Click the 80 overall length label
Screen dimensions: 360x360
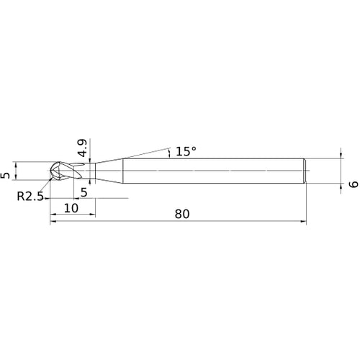coord(182,214)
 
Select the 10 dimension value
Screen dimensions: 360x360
coord(71,208)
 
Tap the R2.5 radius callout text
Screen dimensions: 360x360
coord(30,197)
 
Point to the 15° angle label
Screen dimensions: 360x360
coord(186,151)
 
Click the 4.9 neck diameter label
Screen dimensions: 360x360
coord(83,148)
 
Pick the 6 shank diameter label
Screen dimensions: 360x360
coord(354,184)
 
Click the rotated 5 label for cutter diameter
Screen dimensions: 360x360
coord(6,176)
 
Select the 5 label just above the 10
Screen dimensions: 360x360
coord(84,192)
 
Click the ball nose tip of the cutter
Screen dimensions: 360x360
coord(51,171)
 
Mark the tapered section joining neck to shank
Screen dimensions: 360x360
coord(109,171)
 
